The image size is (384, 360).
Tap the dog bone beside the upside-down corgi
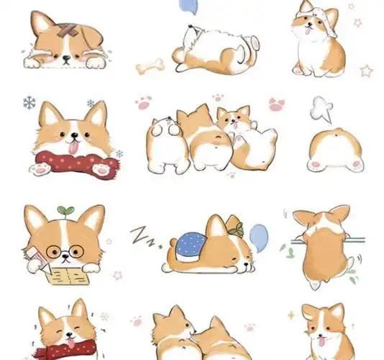150,66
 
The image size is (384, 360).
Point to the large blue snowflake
29,103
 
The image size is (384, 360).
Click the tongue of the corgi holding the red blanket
73,148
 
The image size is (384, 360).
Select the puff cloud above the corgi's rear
320,110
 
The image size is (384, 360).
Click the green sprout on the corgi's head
67,210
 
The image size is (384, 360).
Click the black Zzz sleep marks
143,235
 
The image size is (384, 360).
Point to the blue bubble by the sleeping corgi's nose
258,234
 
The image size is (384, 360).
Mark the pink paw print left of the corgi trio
144,104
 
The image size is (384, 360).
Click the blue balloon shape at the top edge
188,7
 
